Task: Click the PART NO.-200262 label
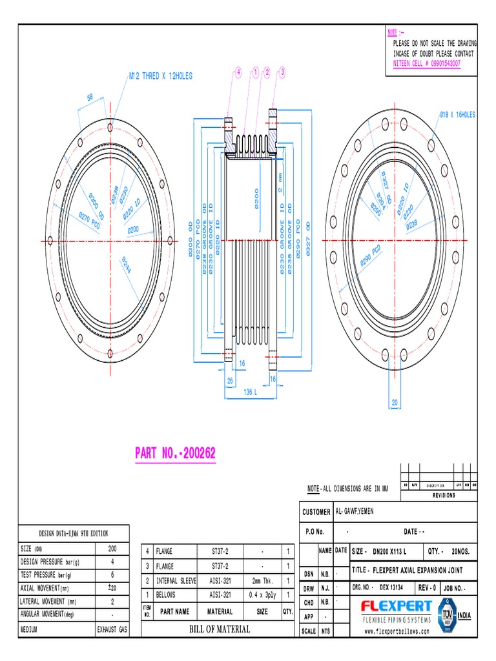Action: (x=175, y=454)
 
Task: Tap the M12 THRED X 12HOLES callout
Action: (x=160, y=76)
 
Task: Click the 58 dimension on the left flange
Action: (x=90, y=97)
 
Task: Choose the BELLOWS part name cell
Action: (x=167, y=594)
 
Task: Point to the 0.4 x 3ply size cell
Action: (x=262, y=594)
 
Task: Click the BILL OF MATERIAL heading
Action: (x=219, y=629)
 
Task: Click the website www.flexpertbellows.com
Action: (x=397, y=632)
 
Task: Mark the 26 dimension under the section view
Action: (x=229, y=380)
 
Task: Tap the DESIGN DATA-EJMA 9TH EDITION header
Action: (x=74, y=533)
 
